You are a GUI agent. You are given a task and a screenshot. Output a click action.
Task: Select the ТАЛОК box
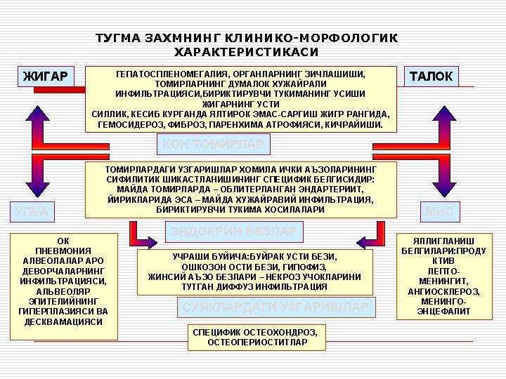[x=431, y=76]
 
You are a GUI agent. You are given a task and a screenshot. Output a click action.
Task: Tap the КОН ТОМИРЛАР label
[x=213, y=144]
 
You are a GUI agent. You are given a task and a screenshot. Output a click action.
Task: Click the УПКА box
[x=32, y=211]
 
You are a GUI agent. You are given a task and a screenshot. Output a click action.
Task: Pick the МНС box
[x=441, y=211]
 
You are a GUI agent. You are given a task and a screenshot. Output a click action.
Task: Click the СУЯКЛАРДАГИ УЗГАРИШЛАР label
[x=275, y=307]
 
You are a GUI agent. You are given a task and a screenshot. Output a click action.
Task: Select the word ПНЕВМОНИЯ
[x=63, y=251]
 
